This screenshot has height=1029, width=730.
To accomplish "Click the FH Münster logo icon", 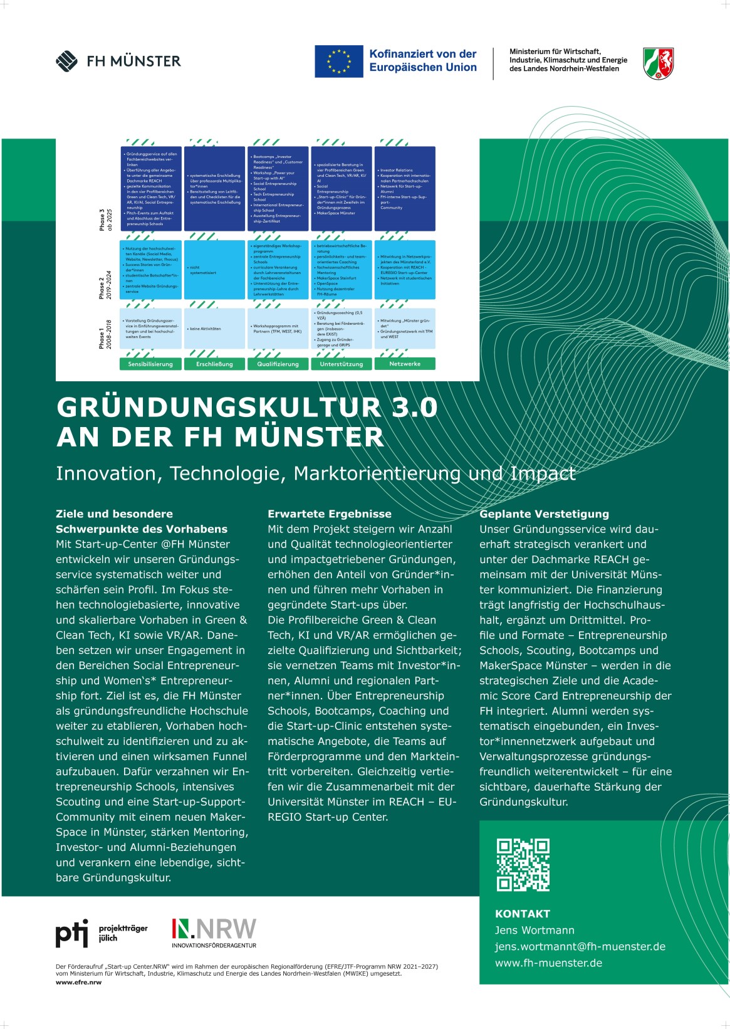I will click(66, 61).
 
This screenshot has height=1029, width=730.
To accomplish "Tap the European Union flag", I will click(338, 61).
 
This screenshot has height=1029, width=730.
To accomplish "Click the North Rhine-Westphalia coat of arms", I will click(658, 63).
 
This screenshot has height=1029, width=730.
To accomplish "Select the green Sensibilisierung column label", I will click(150, 364).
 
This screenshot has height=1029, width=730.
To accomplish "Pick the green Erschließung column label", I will click(214, 364).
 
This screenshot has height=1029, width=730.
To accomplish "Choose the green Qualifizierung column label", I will click(278, 364).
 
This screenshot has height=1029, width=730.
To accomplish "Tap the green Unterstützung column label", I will click(342, 364).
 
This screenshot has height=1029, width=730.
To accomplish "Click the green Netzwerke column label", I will click(405, 364).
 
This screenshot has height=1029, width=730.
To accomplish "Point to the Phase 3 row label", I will click(105, 220).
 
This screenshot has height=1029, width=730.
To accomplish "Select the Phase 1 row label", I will click(105, 334).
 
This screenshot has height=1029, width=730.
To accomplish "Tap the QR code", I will click(523, 865).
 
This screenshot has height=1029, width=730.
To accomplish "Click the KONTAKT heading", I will click(523, 914).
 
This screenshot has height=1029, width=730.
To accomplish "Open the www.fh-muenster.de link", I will click(548, 963).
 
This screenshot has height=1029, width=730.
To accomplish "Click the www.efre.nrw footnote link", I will click(78, 982).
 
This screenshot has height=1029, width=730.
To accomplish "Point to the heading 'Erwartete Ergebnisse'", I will click(330, 514).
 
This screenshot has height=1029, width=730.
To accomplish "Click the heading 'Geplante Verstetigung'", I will click(544, 514).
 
